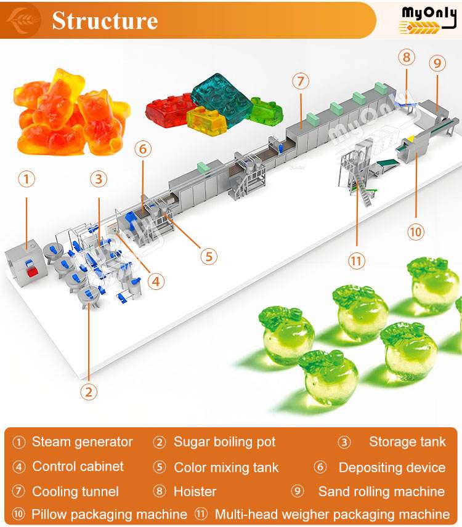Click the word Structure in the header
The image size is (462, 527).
pos(105,20)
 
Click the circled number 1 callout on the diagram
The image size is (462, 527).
pos(26,179)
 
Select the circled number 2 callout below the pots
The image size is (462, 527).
pos(90,392)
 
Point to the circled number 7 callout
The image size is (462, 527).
pos(301,81)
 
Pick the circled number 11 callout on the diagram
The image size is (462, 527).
pos(356,260)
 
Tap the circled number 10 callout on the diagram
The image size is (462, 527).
pos(416,231)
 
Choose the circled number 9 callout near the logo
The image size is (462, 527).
pos(437,63)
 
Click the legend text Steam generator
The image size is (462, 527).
pos(82,442)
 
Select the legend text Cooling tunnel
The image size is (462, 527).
pos(75,491)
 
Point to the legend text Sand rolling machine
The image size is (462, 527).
pos(381,491)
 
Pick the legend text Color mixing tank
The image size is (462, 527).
pos(226,467)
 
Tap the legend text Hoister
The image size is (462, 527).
pos(195,491)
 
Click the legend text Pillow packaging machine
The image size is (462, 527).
pos(109,514)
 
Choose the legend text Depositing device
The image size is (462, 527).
pos(392,467)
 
